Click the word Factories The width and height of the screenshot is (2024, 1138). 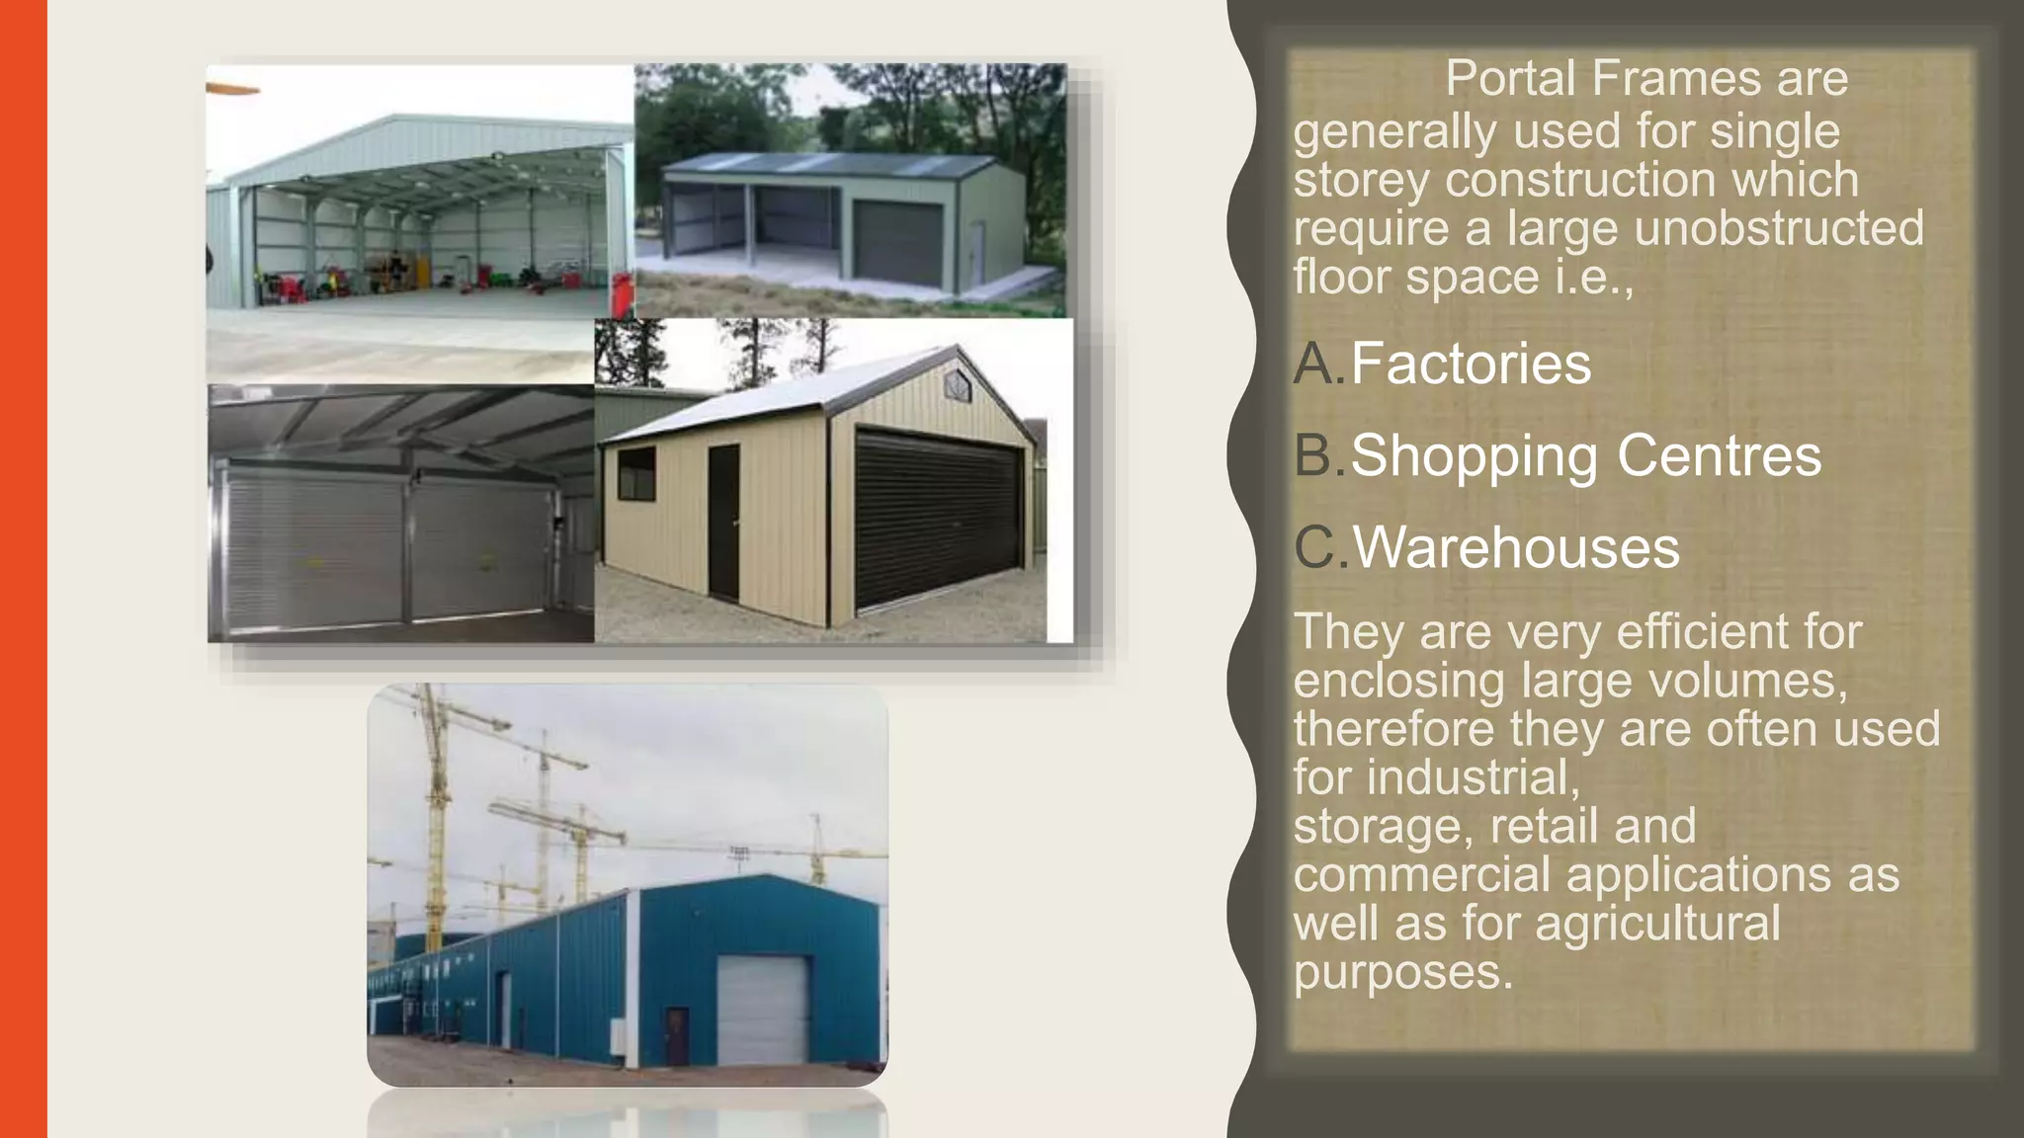[x=1471, y=364]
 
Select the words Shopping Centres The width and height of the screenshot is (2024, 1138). [x=1585, y=455]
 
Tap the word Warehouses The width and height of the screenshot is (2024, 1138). [x=1516, y=547]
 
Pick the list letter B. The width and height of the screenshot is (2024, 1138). [x=1315, y=455]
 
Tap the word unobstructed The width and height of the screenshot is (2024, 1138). [x=1779, y=228]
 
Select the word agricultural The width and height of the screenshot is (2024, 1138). [x=1657, y=924]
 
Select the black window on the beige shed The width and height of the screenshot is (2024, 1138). [x=636, y=471]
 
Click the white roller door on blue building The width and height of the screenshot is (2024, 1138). [x=762, y=1010]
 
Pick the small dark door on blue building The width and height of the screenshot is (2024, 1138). [x=677, y=1036]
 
